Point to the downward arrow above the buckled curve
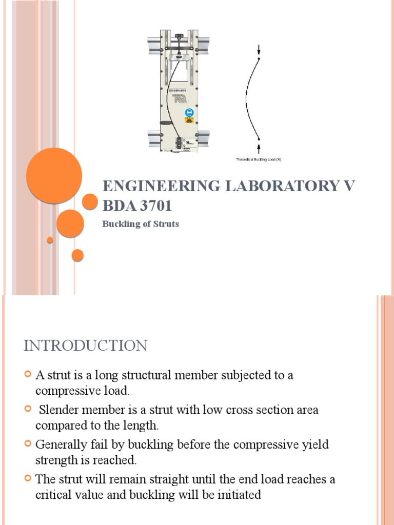[x=259, y=49]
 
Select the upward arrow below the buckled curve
[x=259, y=148]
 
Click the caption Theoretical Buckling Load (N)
[x=259, y=159]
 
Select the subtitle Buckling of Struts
[x=141, y=224]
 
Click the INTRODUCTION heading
[x=85, y=346]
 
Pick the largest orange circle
[x=54, y=175]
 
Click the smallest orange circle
[x=50, y=240]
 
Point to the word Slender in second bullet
[x=57, y=410]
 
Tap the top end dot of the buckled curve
[x=259, y=58]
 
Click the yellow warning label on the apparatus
[x=189, y=122]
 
